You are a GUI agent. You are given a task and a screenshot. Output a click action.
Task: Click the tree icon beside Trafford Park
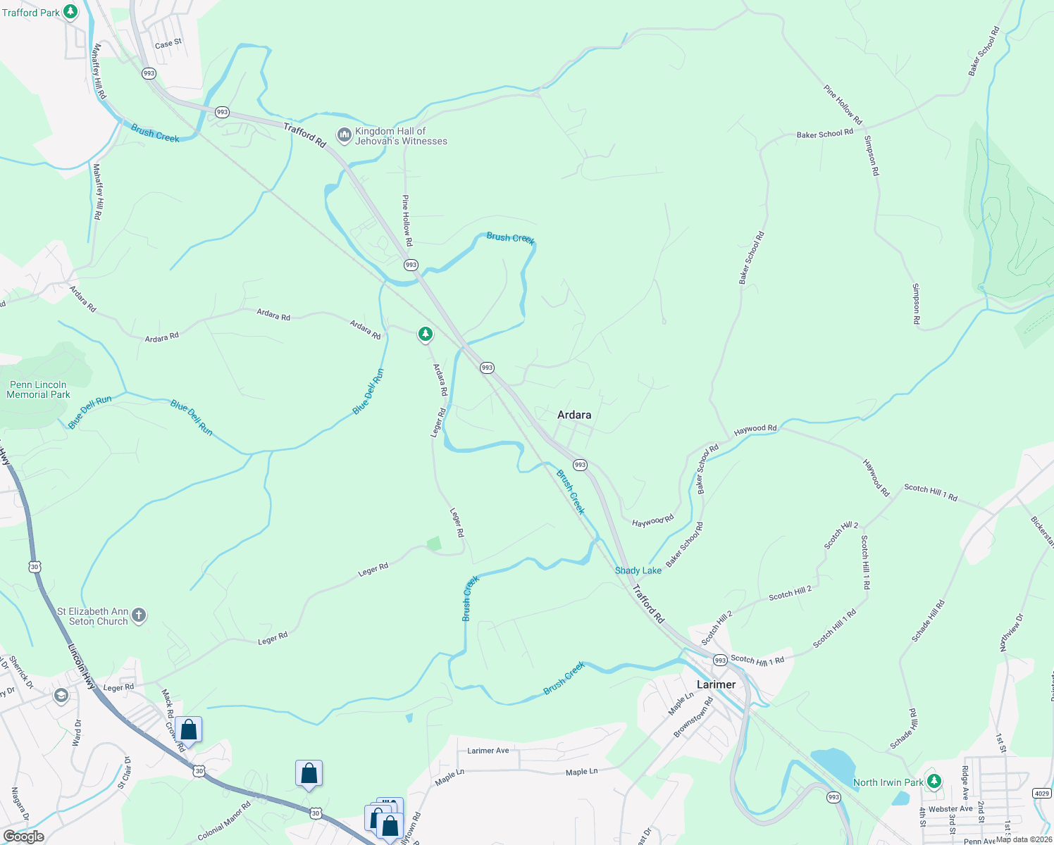coord(70,12)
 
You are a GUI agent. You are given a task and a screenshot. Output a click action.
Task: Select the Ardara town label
coord(574,415)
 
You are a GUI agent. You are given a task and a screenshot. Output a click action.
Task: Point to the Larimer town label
coord(716,684)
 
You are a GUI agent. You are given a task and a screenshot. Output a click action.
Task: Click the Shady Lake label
coord(638,570)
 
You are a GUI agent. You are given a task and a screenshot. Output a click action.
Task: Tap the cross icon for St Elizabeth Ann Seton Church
coord(139,615)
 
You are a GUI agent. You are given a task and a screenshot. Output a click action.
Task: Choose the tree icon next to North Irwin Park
coord(934,781)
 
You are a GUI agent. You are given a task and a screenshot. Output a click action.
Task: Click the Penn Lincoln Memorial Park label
coord(38,389)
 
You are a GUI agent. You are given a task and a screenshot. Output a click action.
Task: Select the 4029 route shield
coord(1042,794)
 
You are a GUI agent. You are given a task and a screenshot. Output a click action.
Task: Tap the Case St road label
coord(168,44)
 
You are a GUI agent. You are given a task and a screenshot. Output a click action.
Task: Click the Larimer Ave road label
coord(488,751)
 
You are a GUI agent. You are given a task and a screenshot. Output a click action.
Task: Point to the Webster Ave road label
coord(950,809)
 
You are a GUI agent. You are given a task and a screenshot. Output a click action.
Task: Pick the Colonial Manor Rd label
coord(224,821)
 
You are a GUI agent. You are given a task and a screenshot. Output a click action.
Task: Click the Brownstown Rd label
coord(693,717)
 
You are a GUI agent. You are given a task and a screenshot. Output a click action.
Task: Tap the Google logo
coord(24,836)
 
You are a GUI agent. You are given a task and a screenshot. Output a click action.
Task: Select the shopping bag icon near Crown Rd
coord(189,730)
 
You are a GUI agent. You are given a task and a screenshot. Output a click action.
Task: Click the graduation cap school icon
coord(61,696)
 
